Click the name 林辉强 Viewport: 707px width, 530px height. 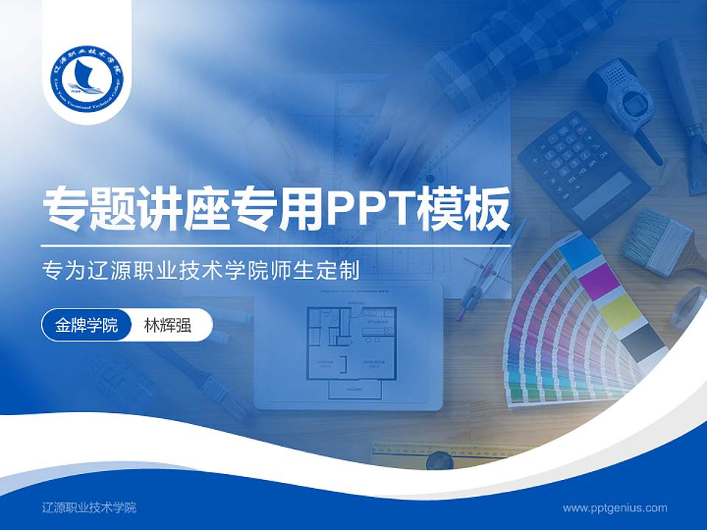pos(168,325)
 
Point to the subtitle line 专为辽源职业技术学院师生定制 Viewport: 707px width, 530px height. pos(201,271)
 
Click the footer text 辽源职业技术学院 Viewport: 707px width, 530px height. pos(89,507)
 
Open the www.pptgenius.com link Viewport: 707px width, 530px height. pos(615,507)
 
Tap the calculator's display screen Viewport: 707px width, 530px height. pos(602,194)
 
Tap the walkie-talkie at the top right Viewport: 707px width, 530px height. pos(625,103)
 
